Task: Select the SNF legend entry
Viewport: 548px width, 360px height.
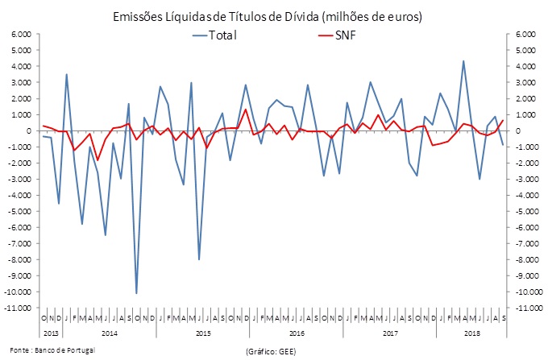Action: (349, 36)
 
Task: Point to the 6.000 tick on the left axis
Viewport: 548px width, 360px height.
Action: (20, 34)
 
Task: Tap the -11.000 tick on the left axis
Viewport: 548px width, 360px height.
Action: (18, 308)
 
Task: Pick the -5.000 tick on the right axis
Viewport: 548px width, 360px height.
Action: (524, 211)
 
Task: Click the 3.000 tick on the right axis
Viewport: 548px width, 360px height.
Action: (524, 82)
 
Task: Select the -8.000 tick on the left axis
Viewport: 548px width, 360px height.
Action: (19, 259)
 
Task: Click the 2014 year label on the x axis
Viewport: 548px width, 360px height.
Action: (110, 332)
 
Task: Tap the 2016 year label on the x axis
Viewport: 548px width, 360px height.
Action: (296, 332)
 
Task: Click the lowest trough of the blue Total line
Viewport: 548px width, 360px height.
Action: (136, 293)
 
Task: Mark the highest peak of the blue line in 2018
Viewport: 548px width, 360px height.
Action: (463, 60)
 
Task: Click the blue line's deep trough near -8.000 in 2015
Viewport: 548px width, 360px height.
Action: (198, 259)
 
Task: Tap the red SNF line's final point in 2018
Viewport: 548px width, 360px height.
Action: (503, 120)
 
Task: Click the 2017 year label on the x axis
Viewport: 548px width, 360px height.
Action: (389, 332)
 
